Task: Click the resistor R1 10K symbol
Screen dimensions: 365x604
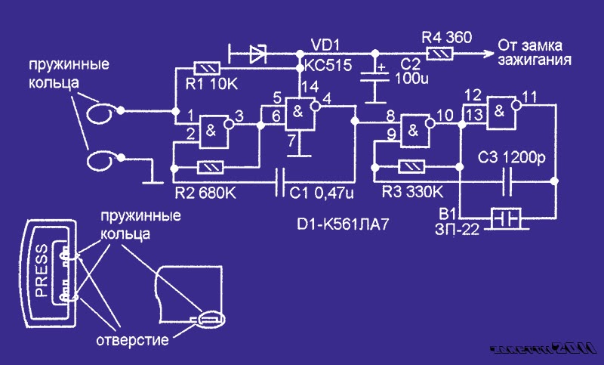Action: coord(206,68)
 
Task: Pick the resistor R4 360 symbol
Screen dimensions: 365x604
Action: coord(439,53)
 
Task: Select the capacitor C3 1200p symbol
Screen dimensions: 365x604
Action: coord(510,181)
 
